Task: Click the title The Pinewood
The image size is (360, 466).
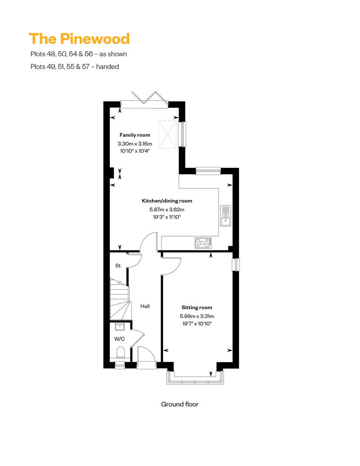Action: [79, 39]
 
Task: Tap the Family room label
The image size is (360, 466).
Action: [135, 135]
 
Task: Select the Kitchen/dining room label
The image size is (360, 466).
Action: [167, 201]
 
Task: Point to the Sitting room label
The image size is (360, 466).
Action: [197, 308]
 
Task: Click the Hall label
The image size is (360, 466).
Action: [145, 306]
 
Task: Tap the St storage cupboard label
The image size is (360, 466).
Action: [118, 266]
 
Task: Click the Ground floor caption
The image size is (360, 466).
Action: [180, 404]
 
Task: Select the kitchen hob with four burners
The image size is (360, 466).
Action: [203, 243]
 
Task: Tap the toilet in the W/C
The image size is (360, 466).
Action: [120, 352]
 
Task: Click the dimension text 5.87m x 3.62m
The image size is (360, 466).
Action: [167, 209]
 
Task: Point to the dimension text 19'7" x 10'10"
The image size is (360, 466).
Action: [197, 323]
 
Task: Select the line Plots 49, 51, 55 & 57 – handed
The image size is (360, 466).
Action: [74, 67]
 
